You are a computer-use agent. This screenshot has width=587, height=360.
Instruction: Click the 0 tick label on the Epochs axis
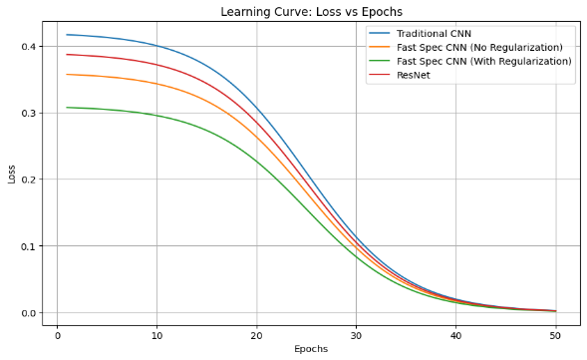click(x=57, y=335)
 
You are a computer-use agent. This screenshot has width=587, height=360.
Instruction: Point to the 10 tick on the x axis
click(x=156, y=335)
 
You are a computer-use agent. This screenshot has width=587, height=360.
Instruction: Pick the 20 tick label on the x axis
click(x=256, y=335)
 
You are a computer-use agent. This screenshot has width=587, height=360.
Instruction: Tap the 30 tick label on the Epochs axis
click(x=356, y=335)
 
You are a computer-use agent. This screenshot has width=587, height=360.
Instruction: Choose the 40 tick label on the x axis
click(x=455, y=335)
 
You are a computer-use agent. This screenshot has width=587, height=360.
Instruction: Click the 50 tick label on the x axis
click(x=555, y=335)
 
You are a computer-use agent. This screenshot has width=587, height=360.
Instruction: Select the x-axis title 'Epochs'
click(x=305, y=349)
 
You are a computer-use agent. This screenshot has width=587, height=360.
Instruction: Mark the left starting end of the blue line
click(x=67, y=35)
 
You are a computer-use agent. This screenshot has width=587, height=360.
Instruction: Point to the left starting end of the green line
click(x=67, y=108)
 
